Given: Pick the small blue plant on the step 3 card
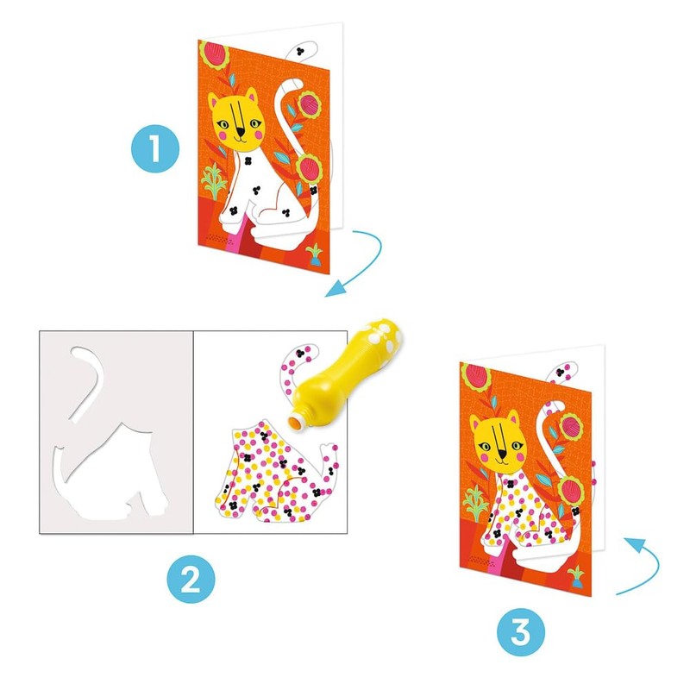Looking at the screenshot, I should coord(574,574).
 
